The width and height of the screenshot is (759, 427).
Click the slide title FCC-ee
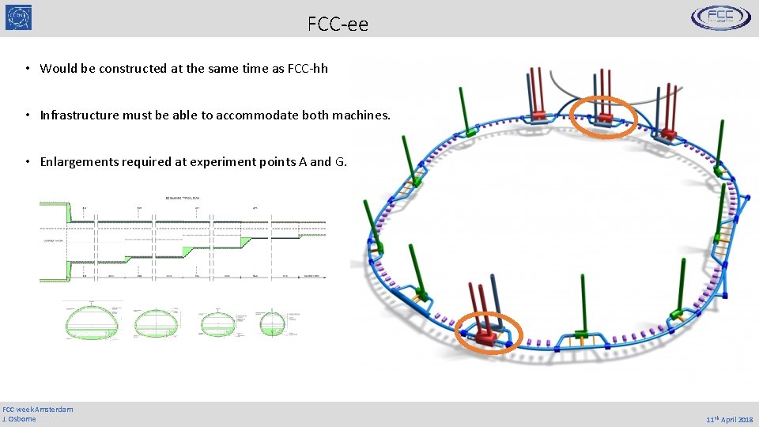338,25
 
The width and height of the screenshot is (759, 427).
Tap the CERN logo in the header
18,17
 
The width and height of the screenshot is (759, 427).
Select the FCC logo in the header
721,17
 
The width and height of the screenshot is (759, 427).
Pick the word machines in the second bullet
361,115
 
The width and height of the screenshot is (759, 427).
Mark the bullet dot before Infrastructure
27,115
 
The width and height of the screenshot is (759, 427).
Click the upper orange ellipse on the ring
604,118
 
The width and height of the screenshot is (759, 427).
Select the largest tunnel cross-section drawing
93,322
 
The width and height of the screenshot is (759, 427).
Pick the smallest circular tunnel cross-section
271,323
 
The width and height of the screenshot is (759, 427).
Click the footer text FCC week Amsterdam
38,409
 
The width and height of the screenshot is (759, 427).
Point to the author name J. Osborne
20,418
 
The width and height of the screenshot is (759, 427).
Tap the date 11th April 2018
729,420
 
